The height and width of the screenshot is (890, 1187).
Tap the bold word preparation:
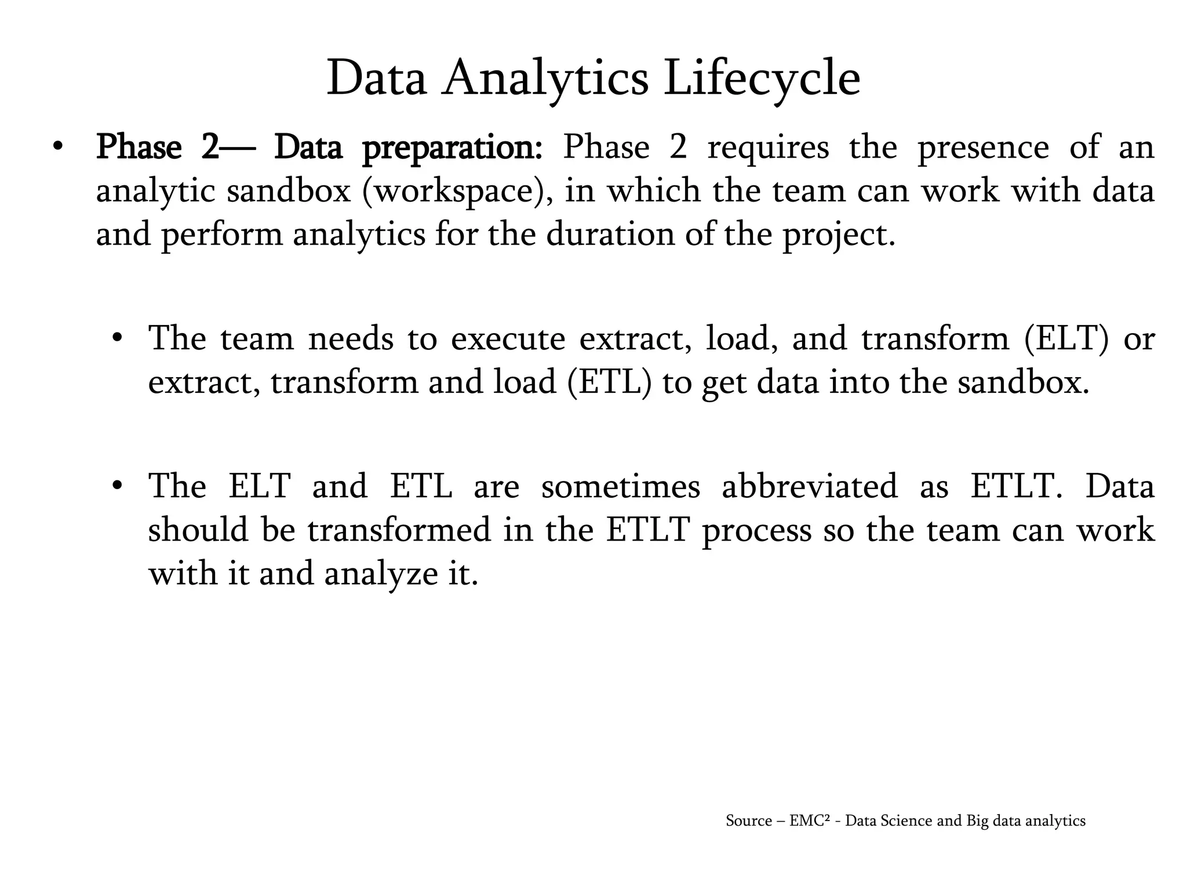coord(452,148)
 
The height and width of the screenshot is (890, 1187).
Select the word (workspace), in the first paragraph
coord(453,192)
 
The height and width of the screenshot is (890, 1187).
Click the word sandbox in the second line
coord(289,191)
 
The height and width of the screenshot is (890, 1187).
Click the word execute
coord(508,339)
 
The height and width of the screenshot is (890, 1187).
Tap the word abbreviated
coord(809,486)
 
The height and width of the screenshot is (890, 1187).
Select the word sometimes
coord(620,486)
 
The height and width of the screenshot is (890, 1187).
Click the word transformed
coord(399,530)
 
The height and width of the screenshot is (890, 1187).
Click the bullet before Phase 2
coord(56,147)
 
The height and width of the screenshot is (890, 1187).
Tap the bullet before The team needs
coord(117,338)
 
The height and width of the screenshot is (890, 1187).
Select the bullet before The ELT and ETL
coord(117,486)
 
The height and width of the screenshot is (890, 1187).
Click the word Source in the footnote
coord(748,821)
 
